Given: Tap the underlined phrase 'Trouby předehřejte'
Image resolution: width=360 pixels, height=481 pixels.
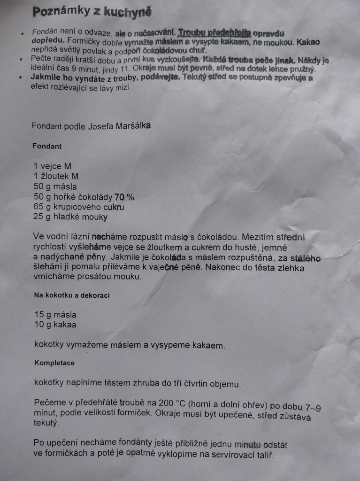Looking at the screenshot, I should click(x=214, y=33).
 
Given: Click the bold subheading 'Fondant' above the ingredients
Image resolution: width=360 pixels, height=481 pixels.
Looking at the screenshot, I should click(x=47, y=146).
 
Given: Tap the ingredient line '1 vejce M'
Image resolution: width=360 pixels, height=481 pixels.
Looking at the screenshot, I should click(x=52, y=166).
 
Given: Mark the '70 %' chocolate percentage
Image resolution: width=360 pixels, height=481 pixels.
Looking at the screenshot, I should click(x=124, y=197).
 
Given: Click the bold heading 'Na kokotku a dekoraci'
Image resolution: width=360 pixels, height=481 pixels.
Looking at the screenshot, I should click(x=72, y=295).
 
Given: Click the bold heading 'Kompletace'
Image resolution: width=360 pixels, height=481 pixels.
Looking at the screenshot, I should click(x=54, y=363).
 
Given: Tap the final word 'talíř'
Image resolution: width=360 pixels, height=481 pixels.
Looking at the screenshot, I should click(x=263, y=456).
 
